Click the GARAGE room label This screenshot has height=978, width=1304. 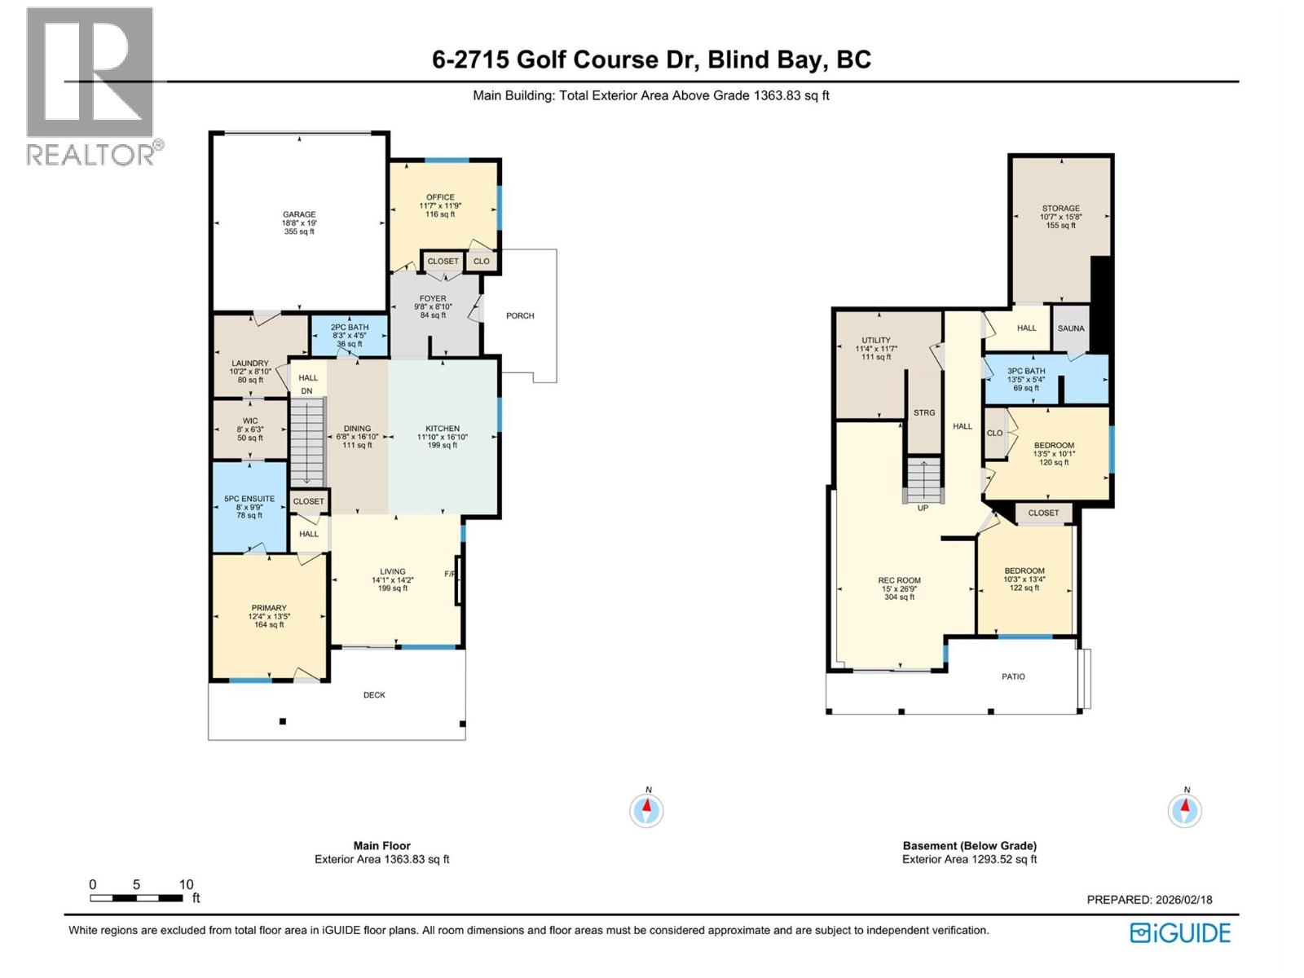pyautogui.click(x=299, y=215)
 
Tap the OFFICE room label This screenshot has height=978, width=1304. pyautogui.click(x=440, y=197)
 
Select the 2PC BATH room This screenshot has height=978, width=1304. pyautogui.click(x=350, y=335)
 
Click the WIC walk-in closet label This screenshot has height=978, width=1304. pyautogui.click(x=250, y=421)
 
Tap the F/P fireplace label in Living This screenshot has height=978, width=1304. pyautogui.click(x=449, y=574)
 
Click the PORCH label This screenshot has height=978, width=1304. pyautogui.click(x=520, y=315)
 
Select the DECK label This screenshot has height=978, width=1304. pyautogui.click(x=374, y=695)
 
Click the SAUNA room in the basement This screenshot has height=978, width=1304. pyautogui.click(x=1071, y=328)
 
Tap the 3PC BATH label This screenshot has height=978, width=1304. pyautogui.click(x=1025, y=372)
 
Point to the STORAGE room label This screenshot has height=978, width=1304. pyautogui.click(x=1060, y=209)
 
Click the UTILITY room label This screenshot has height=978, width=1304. pyautogui.click(x=876, y=341)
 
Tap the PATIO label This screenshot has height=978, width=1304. pyautogui.click(x=1013, y=676)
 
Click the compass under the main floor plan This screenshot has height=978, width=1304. pyautogui.click(x=647, y=810)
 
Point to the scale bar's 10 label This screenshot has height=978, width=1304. pyautogui.click(x=187, y=884)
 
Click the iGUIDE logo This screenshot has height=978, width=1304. pyautogui.click(x=1180, y=932)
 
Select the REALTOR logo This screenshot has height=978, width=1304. pyautogui.click(x=91, y=86)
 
